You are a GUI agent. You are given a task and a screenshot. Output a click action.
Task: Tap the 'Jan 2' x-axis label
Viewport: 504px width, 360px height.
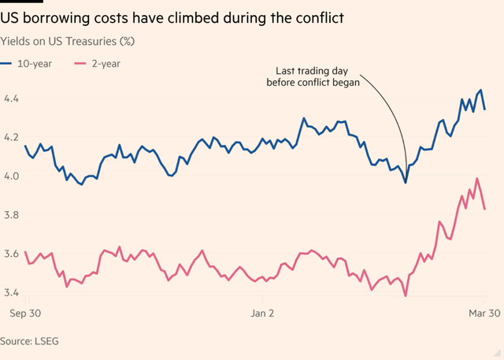click(x=261, y=313)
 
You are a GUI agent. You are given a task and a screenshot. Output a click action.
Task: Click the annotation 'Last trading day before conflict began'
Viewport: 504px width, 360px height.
click(x=313, y=76)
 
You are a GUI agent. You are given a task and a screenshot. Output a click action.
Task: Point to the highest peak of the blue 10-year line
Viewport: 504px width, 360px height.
click(x=480, y=91)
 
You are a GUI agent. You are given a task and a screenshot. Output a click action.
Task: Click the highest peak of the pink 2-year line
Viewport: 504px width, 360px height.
click(x=477, y=179)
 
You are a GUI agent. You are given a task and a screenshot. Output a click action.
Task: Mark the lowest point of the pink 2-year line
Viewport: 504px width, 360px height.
click(x=406, y=296)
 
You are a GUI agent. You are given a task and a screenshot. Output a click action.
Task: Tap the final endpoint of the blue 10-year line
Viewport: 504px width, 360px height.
click(x=484, y=109)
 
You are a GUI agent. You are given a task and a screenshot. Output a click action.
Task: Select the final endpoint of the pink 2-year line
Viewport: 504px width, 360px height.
click(x=484, y=209)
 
